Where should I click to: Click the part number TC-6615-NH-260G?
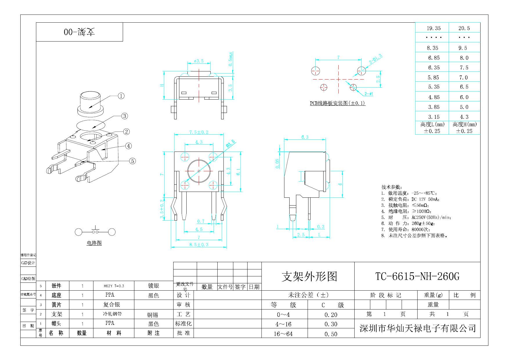(417, 276)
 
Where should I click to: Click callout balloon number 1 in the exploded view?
(121, 96)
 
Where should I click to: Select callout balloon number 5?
(132, 161)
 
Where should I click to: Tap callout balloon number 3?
(124, 116)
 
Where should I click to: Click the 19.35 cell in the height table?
(434, 28)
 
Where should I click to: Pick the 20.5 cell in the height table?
(464, 28)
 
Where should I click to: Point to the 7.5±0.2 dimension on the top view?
(199, 132)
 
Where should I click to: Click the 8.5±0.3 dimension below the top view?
(199, 245)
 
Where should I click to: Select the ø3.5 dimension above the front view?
(199, 61)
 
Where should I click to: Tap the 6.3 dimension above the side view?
(305, 137)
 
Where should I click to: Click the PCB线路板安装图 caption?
(337, 103)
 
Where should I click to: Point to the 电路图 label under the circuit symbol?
(94, 243)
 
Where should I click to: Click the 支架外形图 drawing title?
(309, 276)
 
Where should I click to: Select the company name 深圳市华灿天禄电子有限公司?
(418, 328)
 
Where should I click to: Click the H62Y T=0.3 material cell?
(114, 286)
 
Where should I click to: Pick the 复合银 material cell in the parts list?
(111, 305)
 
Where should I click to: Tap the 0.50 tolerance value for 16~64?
(331, 334)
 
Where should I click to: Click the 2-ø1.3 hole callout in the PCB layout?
(375, 59)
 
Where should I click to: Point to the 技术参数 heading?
(391, 187)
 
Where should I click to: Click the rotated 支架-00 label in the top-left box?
(79, 32)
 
